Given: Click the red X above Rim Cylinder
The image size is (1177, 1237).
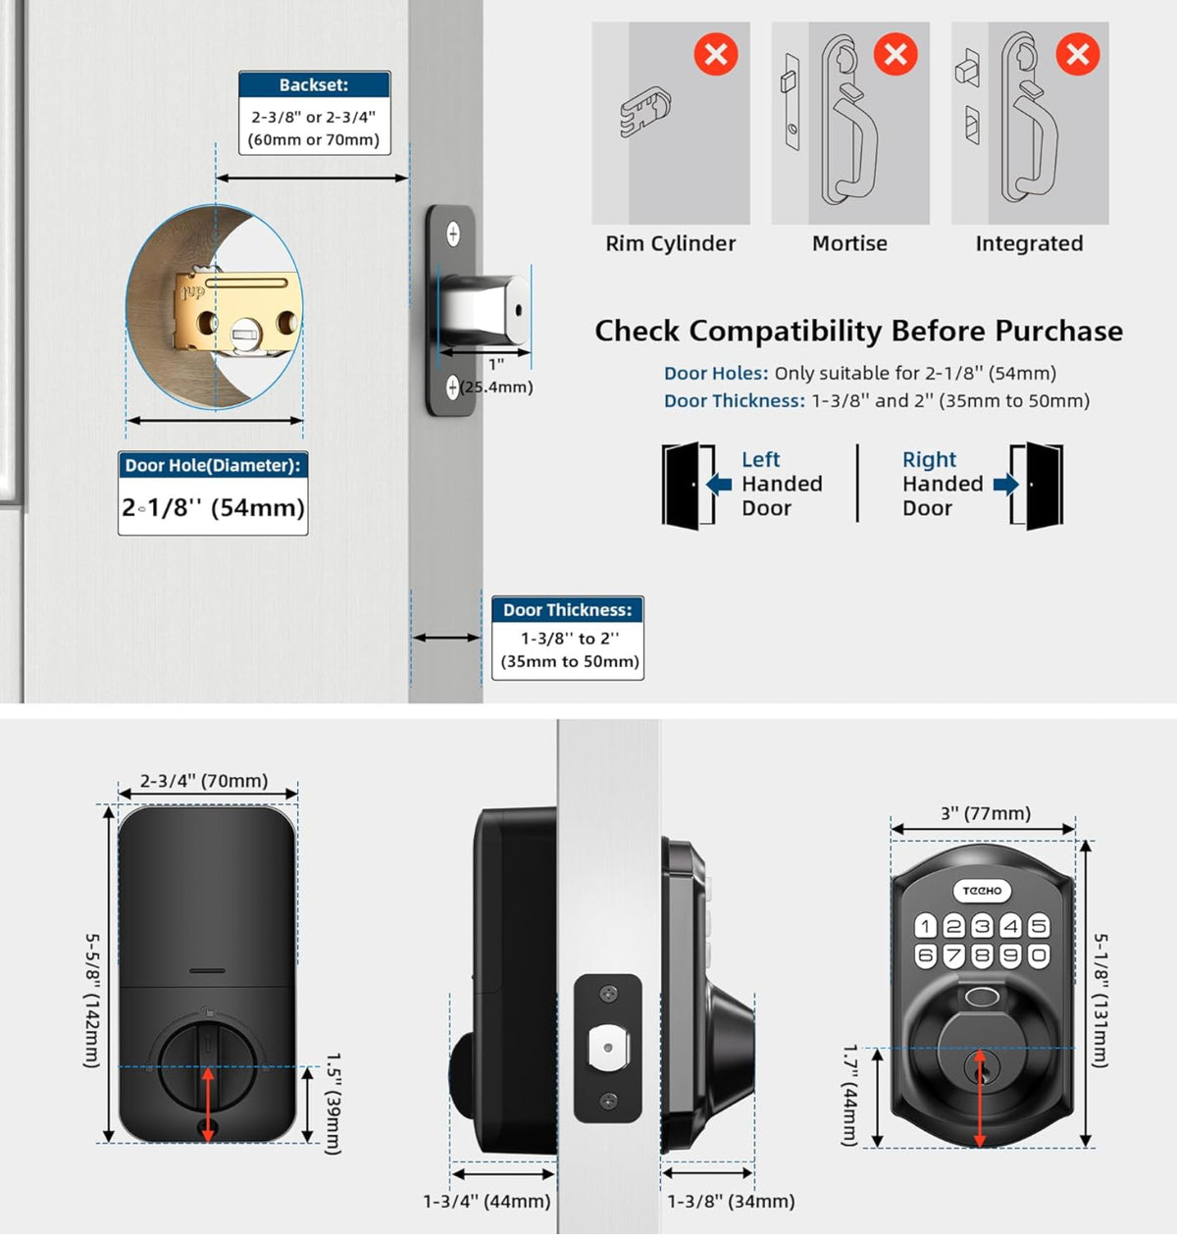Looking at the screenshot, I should [716, 54].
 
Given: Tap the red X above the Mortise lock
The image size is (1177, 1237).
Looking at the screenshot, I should [896, 54].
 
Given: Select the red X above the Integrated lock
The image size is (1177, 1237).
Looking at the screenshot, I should [1077, 54].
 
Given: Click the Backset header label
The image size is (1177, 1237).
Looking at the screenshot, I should [314, 85].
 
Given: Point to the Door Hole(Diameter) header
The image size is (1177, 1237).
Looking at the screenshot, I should [213, 465].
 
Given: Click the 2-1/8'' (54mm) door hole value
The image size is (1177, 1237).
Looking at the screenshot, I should [213, 507].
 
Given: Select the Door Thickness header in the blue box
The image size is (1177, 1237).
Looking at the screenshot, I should [567, 609].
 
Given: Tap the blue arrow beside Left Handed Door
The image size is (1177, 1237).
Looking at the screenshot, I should [719, 484].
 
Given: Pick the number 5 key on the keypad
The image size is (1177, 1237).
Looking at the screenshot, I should [1039, 926].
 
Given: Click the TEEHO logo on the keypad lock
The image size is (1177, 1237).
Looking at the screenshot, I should [982, 891].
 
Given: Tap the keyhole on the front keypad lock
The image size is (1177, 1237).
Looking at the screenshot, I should [980, 1064].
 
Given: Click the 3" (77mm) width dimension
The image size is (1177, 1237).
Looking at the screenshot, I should [985, 813].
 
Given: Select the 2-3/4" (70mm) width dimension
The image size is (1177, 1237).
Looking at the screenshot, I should [204, 781].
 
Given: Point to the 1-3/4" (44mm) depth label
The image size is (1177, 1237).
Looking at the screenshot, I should [486, 1201].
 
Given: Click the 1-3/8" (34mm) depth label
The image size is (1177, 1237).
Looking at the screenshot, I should [731, 1201].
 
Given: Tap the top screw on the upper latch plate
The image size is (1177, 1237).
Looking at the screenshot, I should [453, 233].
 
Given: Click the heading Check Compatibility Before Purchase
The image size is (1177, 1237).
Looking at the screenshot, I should [858, 331].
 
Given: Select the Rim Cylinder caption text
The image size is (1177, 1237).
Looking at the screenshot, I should [670, 243].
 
